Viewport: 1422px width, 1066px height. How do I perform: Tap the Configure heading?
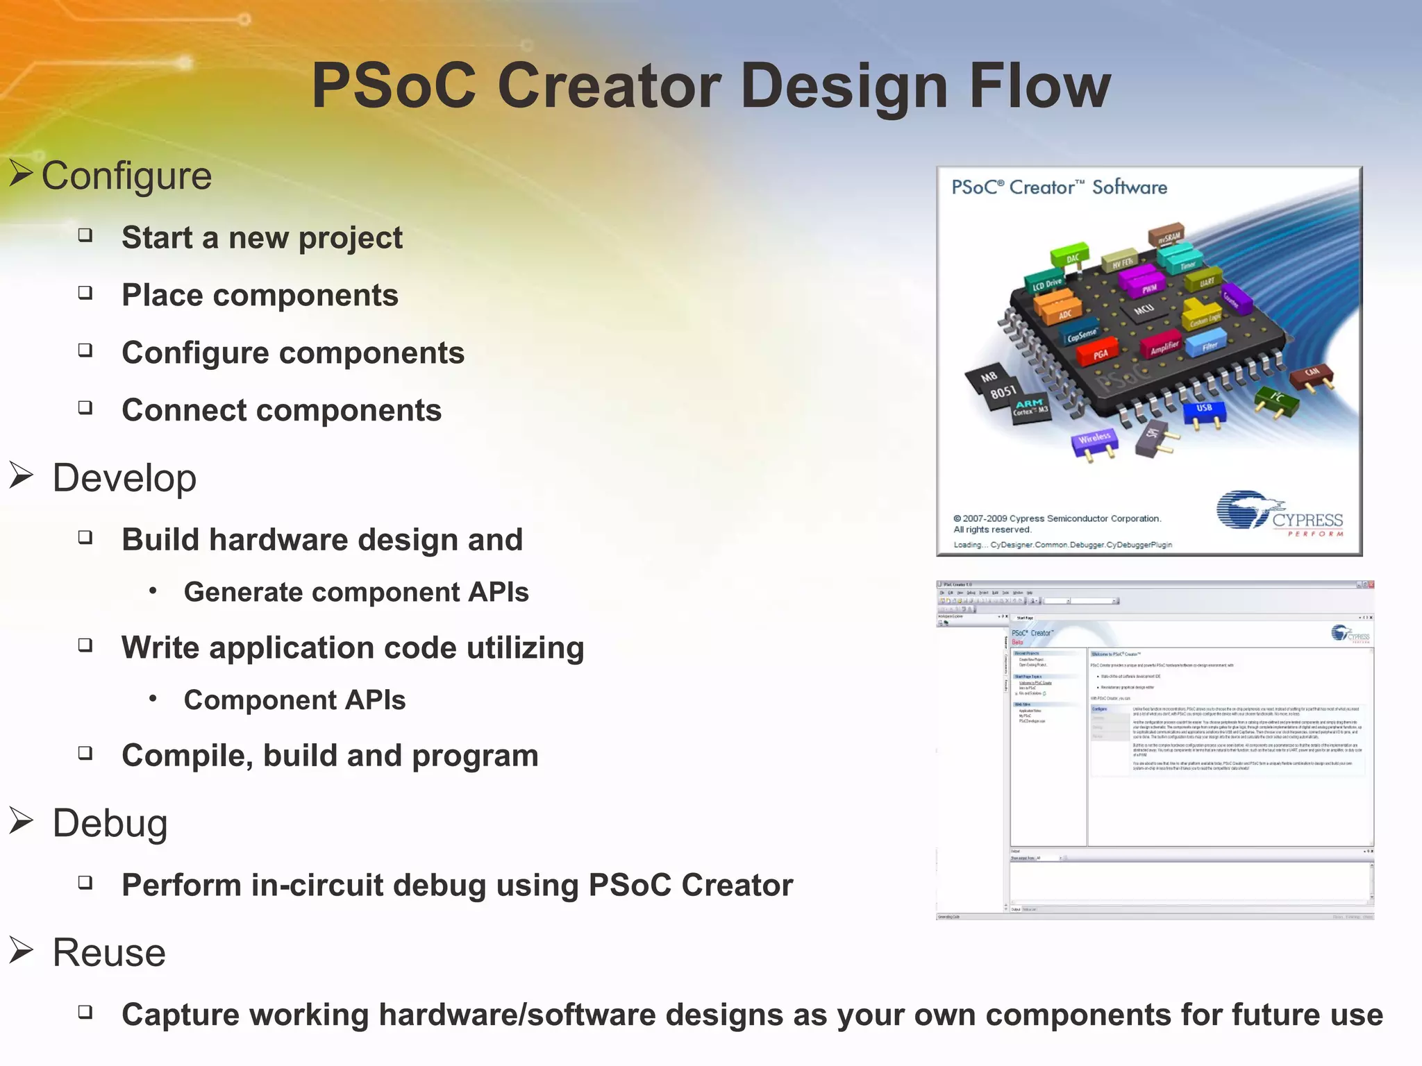click(126, 176)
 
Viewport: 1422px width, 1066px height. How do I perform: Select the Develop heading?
click(124, 478)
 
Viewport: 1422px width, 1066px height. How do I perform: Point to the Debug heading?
click(110, 823)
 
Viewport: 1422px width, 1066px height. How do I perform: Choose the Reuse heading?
click(109, 952)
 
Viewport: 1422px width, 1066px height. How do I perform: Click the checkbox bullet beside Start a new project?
click(85, 235)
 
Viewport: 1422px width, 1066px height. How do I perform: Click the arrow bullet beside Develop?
click(22, 476)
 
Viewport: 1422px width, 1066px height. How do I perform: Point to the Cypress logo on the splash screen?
click(1280, 514)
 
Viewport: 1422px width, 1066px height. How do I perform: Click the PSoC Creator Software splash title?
click(1059, 187)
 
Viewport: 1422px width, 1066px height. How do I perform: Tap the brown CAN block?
click(1312, 375)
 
